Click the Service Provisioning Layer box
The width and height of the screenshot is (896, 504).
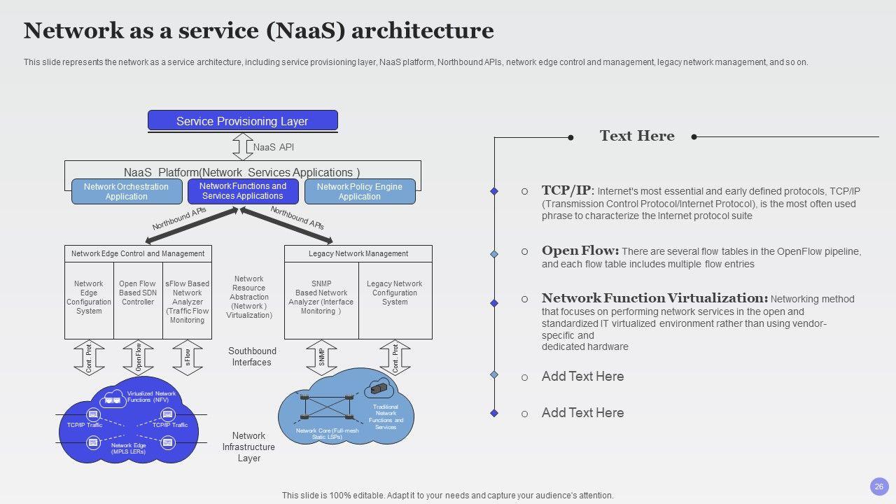(x=242, y=120)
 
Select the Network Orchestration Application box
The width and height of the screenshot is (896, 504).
(x=126, y=191)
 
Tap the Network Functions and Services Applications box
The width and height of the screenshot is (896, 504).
(x=243, y=191)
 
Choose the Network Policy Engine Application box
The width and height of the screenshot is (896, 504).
(x=359, y=191)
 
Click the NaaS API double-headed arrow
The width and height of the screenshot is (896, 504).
(x=242, y=147)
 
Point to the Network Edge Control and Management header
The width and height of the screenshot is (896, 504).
(x=138, y=253)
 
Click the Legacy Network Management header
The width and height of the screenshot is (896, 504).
(x=358, y=253)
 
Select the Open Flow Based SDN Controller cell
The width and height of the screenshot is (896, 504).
(x=138, y=293)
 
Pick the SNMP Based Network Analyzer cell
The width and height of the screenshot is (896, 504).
(x=321, y=297)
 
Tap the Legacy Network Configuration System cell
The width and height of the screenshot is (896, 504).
(x=395, y=293)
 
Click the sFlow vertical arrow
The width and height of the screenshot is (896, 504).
(x=187, y=358)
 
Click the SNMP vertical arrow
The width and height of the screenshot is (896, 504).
(x=321, y=358)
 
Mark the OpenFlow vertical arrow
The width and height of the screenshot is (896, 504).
(x=138, y=358)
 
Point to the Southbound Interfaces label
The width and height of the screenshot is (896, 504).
(x=252, y=356)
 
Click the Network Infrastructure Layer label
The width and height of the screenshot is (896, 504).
(x=248, y=447)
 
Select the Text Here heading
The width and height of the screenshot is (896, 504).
(x=637, y=136)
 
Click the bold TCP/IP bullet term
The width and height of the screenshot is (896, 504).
(x=566, y=190)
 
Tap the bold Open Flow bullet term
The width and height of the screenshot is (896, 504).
(x=580, y=251)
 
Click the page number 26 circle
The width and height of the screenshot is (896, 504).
(x=879, y=486)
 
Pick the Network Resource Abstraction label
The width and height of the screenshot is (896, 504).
(x=248, y=297)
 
